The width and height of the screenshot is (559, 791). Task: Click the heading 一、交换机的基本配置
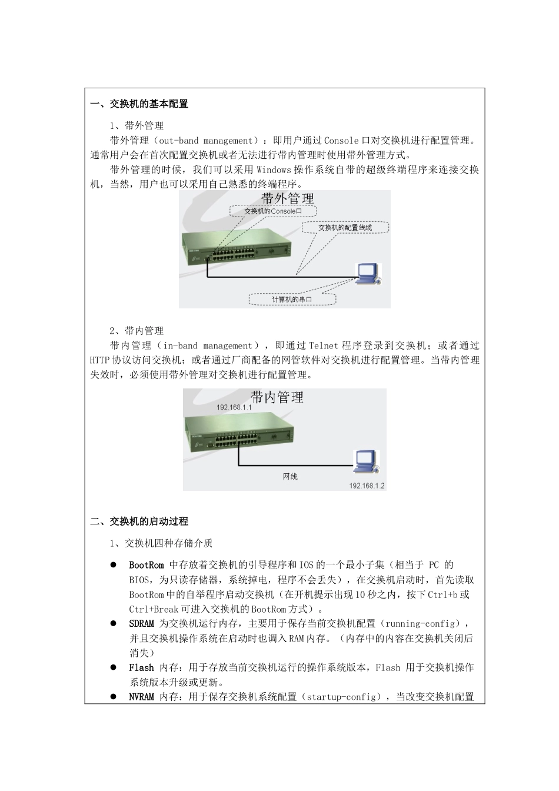tap(139, 104)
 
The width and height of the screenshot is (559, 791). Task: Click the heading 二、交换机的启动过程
tap(139, 521)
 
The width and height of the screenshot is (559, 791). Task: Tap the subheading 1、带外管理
tap(137, 125)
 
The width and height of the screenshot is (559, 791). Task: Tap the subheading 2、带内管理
tap(137, 331)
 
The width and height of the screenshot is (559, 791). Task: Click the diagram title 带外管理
tap(288, 198)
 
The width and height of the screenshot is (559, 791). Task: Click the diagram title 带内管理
tap(277, 397)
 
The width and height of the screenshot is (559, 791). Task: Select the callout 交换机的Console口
tap(272, 211)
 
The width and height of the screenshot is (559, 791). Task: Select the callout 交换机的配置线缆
tap(345, 227)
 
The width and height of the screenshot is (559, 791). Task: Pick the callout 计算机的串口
tap(292, 300)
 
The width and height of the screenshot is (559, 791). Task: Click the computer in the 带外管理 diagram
tap(369, 274)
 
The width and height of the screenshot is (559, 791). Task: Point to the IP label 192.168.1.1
tap(234, 407)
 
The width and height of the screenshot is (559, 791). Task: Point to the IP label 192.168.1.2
tap(367, 486)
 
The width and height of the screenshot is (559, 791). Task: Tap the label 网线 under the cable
tap(290, 476)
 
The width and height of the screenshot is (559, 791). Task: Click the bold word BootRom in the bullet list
tap(147, 565)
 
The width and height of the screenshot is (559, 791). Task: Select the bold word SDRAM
tap(141, 623)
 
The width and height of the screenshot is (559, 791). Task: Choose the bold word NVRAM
tap(141, 697)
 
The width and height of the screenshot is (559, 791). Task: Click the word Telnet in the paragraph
tap(324, 345)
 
